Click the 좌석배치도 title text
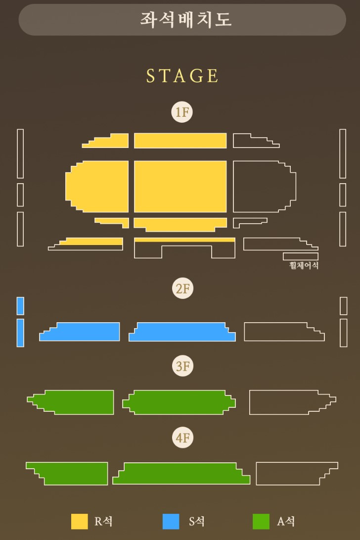pos(186,19)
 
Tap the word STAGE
pos(182,76)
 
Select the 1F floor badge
pos(182,112)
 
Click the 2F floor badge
pos(182,288)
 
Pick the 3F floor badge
pos(182,366)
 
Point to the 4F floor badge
pos(182,438)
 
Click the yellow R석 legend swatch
pos(80,521)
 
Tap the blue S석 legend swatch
pos(171,521)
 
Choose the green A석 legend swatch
pos(261,521)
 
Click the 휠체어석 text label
pos(304,265)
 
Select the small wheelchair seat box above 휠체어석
pos(301,256)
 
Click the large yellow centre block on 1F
pos(180,186)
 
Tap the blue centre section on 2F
pos(182,332)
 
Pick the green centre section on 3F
pos(179,402)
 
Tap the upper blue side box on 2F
pos(20,306)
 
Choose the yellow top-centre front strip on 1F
pos(180,141)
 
